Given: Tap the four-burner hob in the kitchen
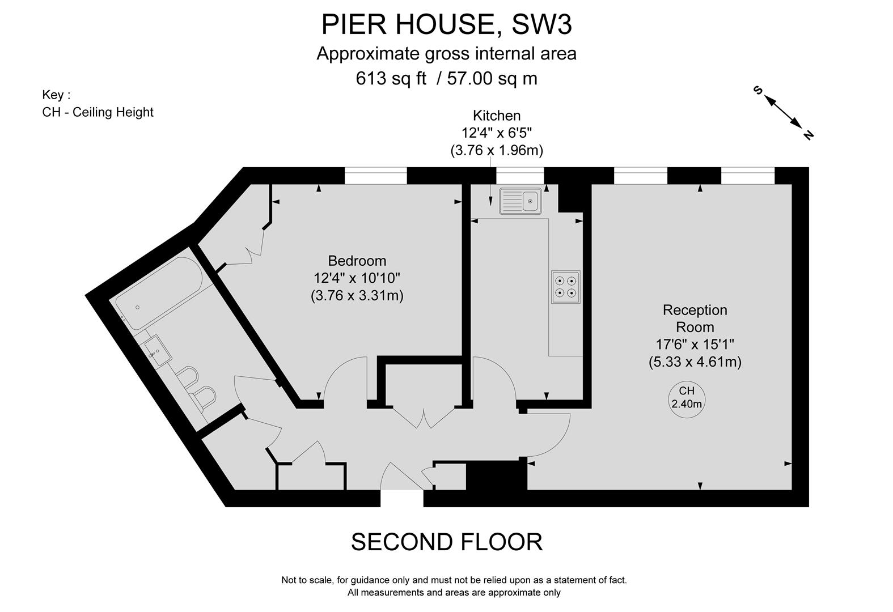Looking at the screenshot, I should pos(565,286).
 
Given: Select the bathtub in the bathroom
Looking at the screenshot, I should pos(160,292).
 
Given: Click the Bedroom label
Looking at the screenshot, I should pos(357,261).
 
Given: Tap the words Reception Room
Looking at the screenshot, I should pos(695,318).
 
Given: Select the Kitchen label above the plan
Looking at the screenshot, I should pos(497,116).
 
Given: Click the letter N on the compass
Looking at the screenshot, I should pos(808,135).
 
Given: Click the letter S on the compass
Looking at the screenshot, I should pos(757,90).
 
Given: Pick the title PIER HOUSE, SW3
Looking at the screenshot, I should pos(446,24).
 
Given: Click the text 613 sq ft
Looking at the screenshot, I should pos(391,78).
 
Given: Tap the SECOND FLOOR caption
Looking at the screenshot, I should pos(446,542).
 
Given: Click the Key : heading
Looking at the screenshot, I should pos(57,95).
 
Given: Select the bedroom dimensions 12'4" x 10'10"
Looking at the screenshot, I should pos(357,278).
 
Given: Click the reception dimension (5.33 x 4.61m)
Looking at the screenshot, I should pos(695,362).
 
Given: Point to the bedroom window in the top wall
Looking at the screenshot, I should pos(375,176).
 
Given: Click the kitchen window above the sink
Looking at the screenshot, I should pos(520,176).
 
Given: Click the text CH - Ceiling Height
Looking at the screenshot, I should pos(98,112).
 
